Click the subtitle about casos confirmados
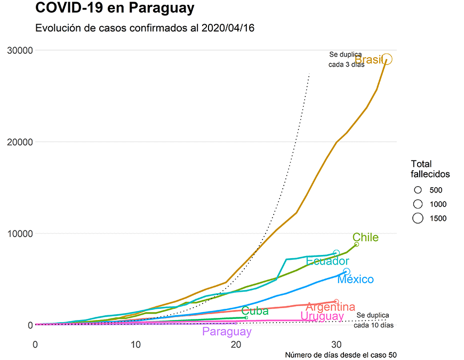tap(145, 28)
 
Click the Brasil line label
tap(369, 59)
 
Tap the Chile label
tap(365, 237)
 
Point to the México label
tap(356, 279)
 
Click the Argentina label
tap(331, 307)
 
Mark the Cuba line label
tap(255, 311)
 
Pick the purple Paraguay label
tap(227, 332)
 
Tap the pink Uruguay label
tap(322, 316)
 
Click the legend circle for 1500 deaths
tap(418, 218)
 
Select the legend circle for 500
tap(418, 190)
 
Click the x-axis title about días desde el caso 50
tap(341, 355)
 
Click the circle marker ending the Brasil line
tap(387, 59)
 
